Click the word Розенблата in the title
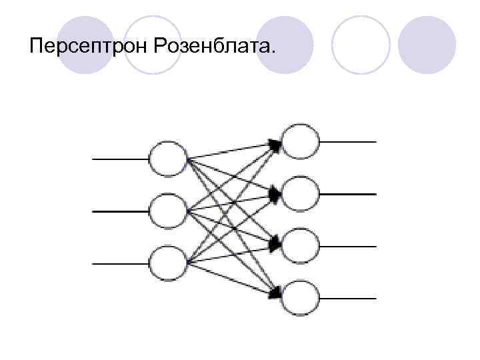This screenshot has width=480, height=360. click(217, 47)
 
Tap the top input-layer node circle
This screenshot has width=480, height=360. click(167, 159)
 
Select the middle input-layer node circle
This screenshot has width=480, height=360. click(167, 211)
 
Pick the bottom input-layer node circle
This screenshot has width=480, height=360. click(167, 263)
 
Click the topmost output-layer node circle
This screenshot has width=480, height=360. click(299, 141)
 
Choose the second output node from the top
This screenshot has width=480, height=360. click(299, 193)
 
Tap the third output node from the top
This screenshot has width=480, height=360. click(299, 245)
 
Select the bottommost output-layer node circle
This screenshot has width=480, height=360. click(299, 297)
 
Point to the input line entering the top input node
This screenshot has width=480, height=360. click(120, 159)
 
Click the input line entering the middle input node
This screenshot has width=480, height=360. click(120, 211)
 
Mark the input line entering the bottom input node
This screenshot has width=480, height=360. click(120, 263)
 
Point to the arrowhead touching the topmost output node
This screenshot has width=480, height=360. click(275, 143)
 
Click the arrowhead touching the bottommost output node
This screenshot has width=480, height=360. click(275, 293)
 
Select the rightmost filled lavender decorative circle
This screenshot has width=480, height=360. click(427, 45)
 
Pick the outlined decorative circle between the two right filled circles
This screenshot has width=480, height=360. click(361, 45)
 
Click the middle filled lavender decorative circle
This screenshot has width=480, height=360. click(285, 45)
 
